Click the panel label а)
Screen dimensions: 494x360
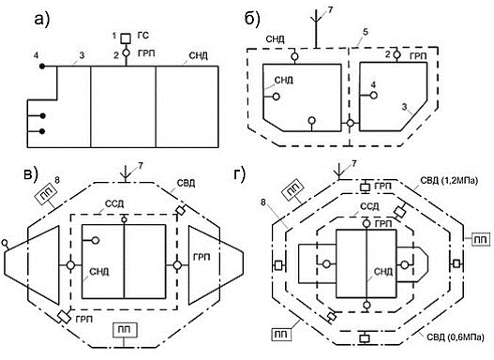[42, 21]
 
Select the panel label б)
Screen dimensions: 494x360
[252, 20]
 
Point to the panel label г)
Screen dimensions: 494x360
[240, 175]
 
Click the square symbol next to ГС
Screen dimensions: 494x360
[126, 38]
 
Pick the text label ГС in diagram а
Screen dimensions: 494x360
[142, 36]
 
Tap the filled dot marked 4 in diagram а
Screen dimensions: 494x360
[42, 67]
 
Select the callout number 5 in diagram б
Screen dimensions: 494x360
[366, 32]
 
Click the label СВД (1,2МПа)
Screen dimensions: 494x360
[449, 182]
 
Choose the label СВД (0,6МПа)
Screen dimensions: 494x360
[456, 337]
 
